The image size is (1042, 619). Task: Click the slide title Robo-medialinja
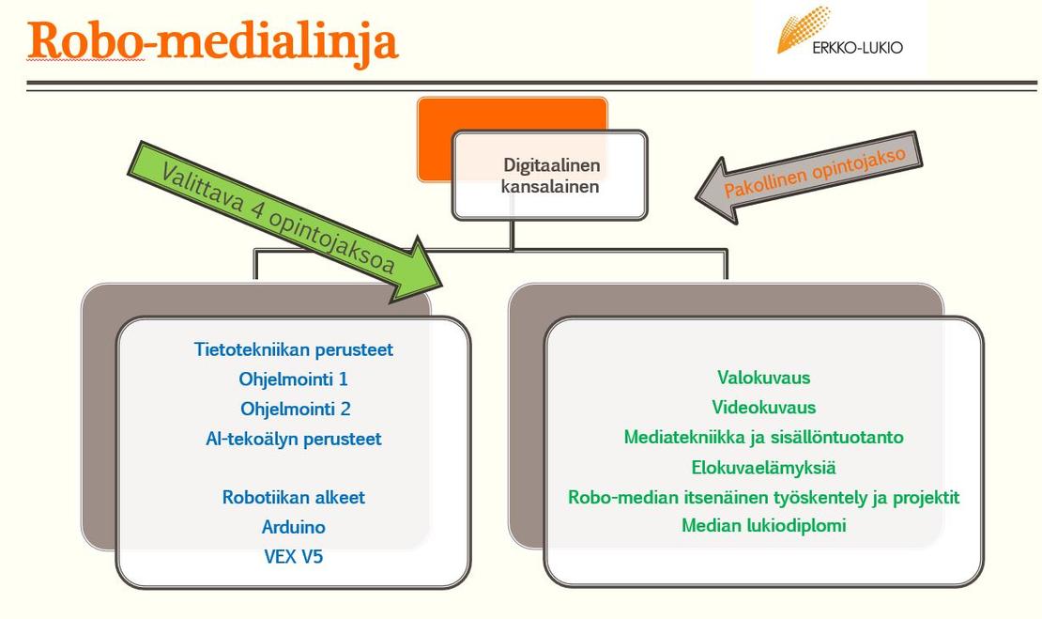pos(213,40)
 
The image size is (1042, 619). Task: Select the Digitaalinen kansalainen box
pos(550,176)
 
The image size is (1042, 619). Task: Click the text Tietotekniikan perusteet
pos(293,349)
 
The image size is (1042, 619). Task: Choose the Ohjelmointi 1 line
pos(293,379)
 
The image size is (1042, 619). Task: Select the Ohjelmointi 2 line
pos(293,410)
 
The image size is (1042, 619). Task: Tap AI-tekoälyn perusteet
pos(293,439)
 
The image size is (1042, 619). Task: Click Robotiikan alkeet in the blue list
pos(293,498)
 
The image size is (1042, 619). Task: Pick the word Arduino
pos(293,527)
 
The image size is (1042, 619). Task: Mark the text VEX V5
pos(293,556)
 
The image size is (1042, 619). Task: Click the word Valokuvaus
pos(763,378)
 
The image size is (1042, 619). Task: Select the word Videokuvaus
pos(763,408)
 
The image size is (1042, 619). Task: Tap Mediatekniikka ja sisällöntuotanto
pos(763,437)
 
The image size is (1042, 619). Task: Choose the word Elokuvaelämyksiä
pos(763,467)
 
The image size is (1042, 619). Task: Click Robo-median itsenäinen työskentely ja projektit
pos(763,497)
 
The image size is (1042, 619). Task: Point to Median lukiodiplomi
pos(763,526)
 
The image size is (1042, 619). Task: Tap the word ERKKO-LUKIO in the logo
pos(857,48)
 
